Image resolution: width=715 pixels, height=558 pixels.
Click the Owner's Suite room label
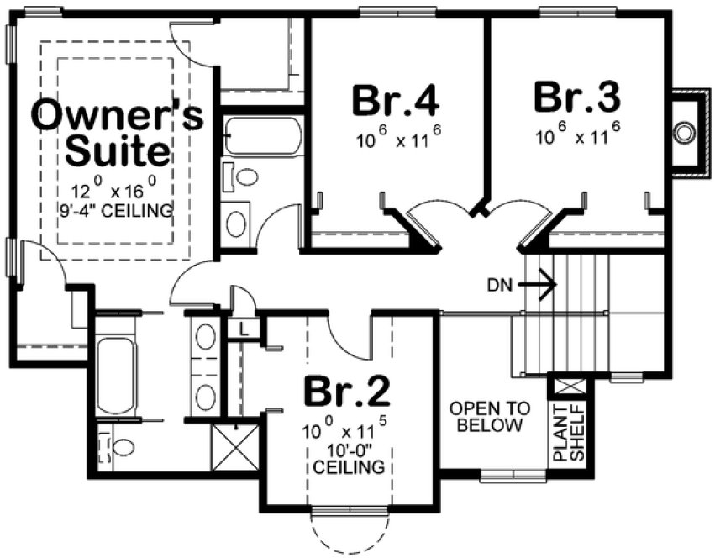[x=117, y=134]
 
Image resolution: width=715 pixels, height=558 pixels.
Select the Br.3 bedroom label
[x=577, y=97]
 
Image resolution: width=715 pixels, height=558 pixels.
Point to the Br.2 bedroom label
[x=346, y=390]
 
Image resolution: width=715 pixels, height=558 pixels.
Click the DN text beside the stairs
[x=497, y=284]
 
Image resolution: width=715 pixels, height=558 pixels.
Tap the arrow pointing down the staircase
[x=538, y=284]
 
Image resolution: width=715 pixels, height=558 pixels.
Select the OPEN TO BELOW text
[x=489, y=417]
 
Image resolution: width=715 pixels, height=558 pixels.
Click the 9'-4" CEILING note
[x=117, y=210]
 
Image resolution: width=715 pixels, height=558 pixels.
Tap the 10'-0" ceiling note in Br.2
[x=347, y=456]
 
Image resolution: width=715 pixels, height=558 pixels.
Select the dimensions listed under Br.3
[x=578, y=134]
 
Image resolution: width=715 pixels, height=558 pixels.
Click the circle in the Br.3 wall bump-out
[x=686, y=131]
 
